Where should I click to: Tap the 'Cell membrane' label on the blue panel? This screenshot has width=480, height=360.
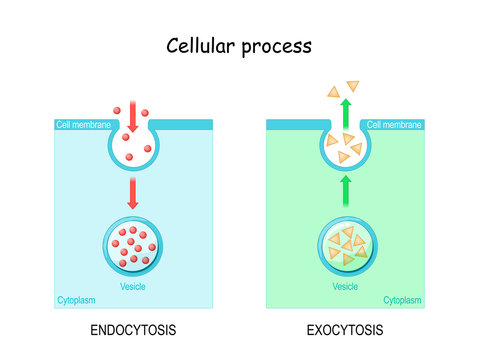83,125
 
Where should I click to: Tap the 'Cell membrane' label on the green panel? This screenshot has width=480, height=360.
395,125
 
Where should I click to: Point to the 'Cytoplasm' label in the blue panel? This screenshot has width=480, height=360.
78,300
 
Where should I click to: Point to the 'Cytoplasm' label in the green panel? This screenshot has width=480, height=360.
402,300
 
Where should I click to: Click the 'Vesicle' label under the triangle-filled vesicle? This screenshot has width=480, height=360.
345,286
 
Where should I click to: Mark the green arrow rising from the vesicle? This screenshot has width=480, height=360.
345,191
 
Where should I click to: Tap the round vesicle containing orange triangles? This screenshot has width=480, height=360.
345,246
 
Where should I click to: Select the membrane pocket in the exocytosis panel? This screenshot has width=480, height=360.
345,148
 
